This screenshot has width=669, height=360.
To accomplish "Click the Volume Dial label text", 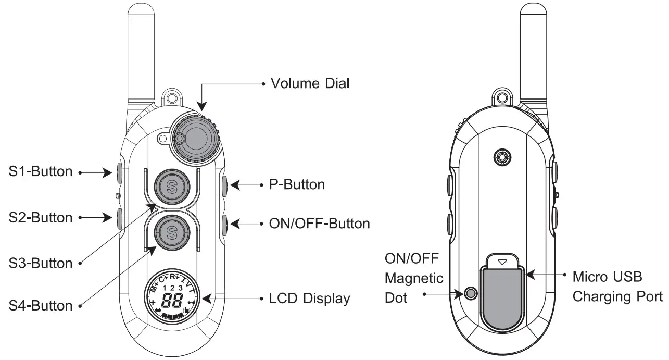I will click(x=310, y=83).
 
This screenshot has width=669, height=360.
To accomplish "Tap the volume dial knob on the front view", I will click(x=197, y=138).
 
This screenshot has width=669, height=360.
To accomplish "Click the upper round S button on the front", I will click(x=172, y=185).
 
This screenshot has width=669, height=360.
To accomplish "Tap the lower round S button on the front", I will click(x=172, y=231).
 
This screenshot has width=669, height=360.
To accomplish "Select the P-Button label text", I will click(x=297, y=184).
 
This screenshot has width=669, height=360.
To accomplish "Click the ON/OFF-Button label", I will click(x=319, y=224).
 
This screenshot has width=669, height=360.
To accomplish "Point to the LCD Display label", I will click(x=309, y=299).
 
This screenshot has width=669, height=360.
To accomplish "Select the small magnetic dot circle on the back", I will click(x=471, y=293).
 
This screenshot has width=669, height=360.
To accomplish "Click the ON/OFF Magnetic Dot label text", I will click(x=414, y=277).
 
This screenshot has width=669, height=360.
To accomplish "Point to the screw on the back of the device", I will click(x=502, y=156).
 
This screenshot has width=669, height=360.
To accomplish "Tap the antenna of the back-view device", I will click(x=535, y=52).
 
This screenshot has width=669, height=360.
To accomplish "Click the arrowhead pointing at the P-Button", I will click(x=234, y=184).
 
